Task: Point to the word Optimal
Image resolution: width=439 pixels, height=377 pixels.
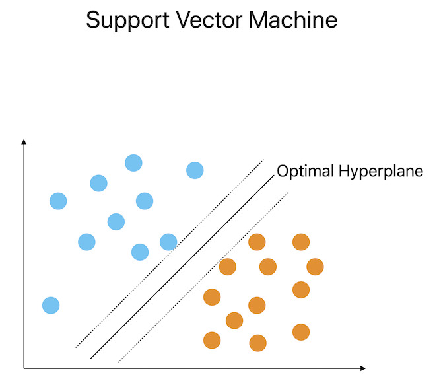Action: tap(306, 172)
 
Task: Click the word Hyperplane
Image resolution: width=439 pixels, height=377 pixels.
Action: tap(381, 172)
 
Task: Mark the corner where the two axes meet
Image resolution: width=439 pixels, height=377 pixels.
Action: tap(24, 367)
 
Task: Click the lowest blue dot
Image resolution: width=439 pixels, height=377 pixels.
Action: tap(51, 305)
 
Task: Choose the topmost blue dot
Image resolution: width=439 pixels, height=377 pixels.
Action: tap(133, 162)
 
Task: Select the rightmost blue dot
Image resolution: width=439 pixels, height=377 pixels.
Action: tap(195, 170)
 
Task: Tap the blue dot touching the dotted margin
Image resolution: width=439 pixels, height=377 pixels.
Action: tap(168, 242)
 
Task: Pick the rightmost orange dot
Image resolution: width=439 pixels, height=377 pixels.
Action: tap(315, 267)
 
